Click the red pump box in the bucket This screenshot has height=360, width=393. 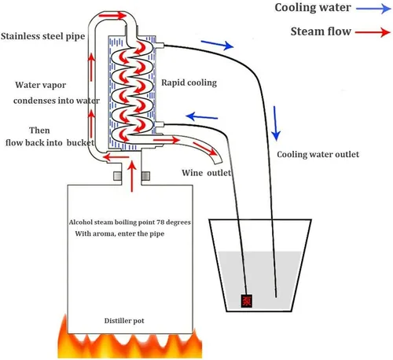(x=247, y=300)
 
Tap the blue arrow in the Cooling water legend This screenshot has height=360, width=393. (x=373, y=9)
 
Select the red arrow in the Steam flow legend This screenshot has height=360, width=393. (x=373, y=32)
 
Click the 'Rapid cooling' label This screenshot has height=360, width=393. (x=189, y=83)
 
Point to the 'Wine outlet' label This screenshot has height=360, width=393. (x=207, y=173)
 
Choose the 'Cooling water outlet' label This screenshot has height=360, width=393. (x=318, y=154)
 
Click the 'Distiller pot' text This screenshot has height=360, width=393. (x=124, y=321)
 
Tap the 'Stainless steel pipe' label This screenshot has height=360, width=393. (x=43, y=36)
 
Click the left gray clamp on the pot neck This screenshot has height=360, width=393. (x=117, y=176)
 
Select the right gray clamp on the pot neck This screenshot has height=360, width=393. (x=145, y=176)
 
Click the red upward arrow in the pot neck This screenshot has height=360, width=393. (x=132, y=176)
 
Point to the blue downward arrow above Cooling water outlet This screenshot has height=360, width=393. (x=276, y=123)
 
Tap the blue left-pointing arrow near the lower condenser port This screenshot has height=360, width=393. (x=202, y=116)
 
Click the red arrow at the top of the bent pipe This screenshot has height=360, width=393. (x=112, y=16)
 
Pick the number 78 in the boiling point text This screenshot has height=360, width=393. (x=160, y=222)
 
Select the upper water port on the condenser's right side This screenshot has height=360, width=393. (x=160, y=46)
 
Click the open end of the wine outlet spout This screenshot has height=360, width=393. (x=219, y=161)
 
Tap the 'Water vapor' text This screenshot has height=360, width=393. (x=41, y=85)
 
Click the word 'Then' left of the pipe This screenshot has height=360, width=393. (x=39, y=130)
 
